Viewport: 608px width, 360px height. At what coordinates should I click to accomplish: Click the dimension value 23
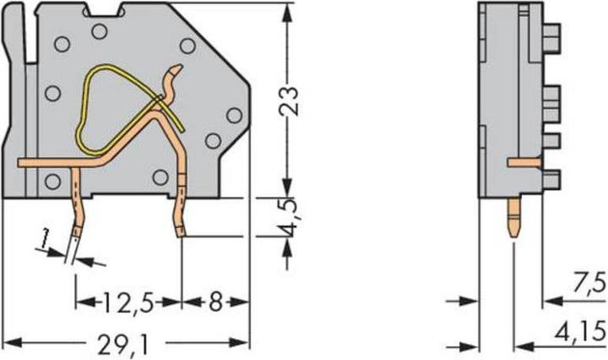tap(289, 102)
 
